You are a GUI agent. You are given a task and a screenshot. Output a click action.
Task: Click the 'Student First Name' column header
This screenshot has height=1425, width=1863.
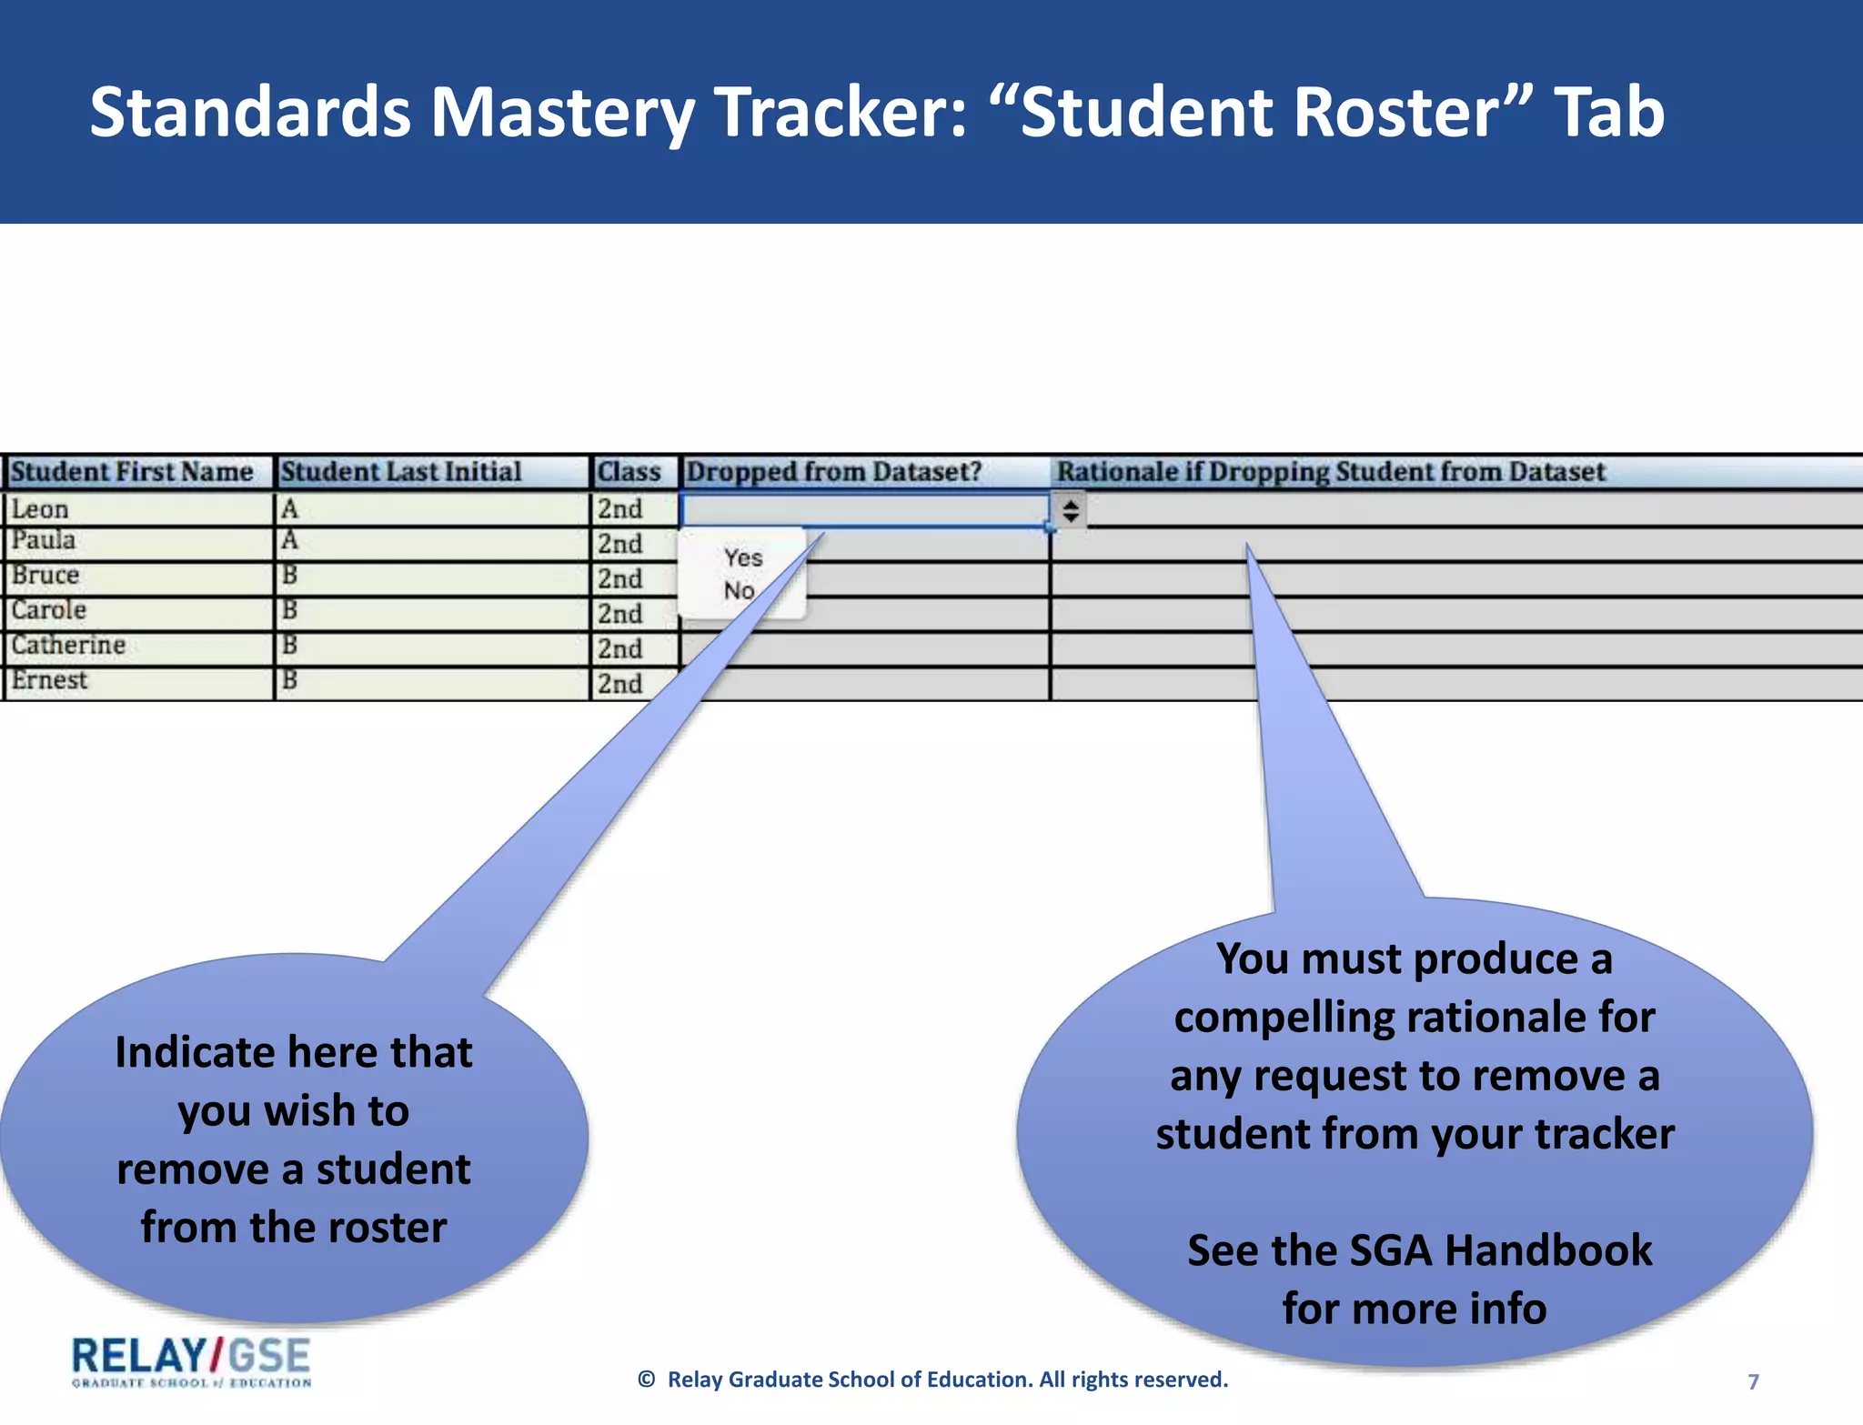(x=132, y=472)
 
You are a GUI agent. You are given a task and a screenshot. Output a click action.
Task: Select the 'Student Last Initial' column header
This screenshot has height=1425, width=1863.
(x=401, y=472)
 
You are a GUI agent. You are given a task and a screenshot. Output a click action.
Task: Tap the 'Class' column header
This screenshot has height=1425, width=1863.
(x=629, y=472)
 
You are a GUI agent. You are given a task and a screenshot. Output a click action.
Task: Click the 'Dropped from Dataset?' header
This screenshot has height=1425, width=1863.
(x=833, y=472)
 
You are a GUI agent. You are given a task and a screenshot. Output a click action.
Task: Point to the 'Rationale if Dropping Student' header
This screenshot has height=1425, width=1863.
(x=1331, y=472)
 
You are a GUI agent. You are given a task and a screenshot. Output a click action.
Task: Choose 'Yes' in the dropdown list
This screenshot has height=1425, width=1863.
(x=743, y=557)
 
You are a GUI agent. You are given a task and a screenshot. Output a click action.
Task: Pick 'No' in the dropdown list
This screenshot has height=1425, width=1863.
(x=740, y=591)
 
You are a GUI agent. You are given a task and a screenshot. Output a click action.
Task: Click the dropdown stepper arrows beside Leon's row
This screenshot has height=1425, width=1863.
(x=1071, y=510)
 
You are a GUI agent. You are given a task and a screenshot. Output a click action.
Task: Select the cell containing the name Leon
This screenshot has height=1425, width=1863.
(x=40, y=510)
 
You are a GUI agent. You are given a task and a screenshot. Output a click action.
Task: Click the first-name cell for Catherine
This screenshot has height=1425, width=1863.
(x=68, y=646)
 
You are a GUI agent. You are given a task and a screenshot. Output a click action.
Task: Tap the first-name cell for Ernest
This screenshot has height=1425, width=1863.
(x=50, y=681)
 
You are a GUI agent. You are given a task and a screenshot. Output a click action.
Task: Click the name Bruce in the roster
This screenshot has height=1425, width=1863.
(x=45, y=576)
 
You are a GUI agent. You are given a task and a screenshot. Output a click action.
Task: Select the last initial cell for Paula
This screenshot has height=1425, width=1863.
(x=290, y=541)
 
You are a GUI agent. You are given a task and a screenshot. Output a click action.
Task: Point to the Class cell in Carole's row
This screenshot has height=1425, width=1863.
(x=620, y=614)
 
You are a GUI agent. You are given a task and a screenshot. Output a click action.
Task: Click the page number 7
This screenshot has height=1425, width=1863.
(x=1753, y=1382)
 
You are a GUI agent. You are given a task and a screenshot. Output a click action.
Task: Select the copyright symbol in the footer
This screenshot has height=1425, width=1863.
(x=647, y=1380)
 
